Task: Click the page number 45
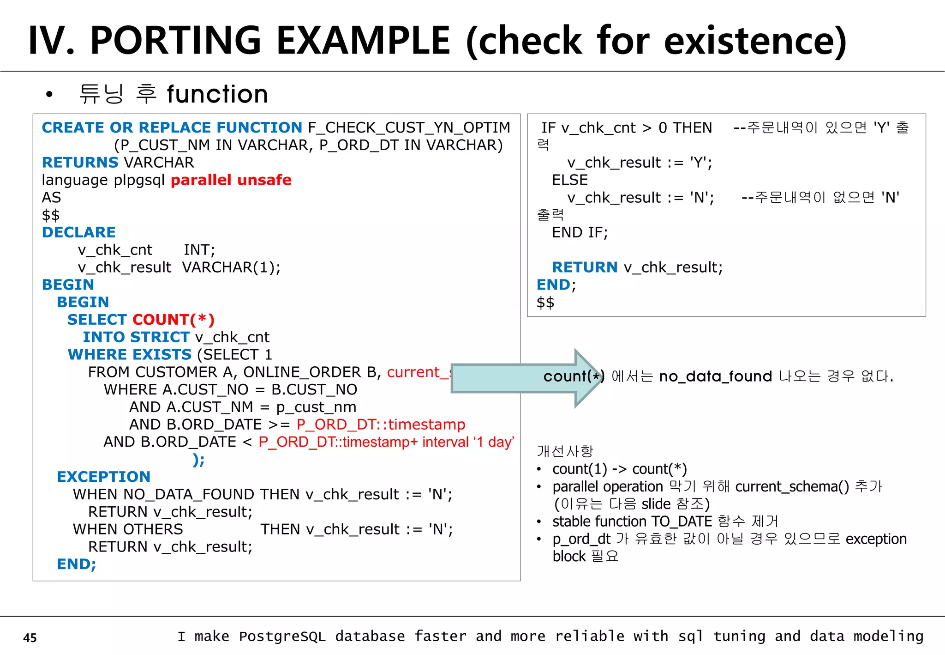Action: pyautogui.click(x=30, y=637)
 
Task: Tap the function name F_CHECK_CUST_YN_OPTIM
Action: pyautogui.click(x=409, y=127)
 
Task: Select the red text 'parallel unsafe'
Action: pyautogui.click(x=231, y=180)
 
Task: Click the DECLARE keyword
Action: pyautogui.click(x=79, y=232)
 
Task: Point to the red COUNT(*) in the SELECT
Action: pyautogui.click(x=173, y=319)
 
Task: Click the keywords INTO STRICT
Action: pyautogui.click(x=136, y=337)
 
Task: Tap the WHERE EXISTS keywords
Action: pyautogui.click(x=130, y=354)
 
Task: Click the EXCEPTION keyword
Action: pyautogui.click(x=104, y=477)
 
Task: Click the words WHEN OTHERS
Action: pyautogui.click(x=128, y=529)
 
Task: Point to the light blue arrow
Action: pyautogui.click(x=517, y=378)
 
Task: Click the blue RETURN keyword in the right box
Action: pyautogui.click(x=585, y=267)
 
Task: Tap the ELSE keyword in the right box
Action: pyautogui.click(x=570, y=180)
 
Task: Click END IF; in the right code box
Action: pyautogui.click(x=580, y=232)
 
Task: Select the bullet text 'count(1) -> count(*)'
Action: pyautogui.click(x=620, y=469)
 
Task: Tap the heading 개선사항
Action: pyautogui.click(x=565, y=451)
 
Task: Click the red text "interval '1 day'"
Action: pyautogui.click(x=468, y=442)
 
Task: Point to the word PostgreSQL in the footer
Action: pyautogui.click(x=282, y=637)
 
